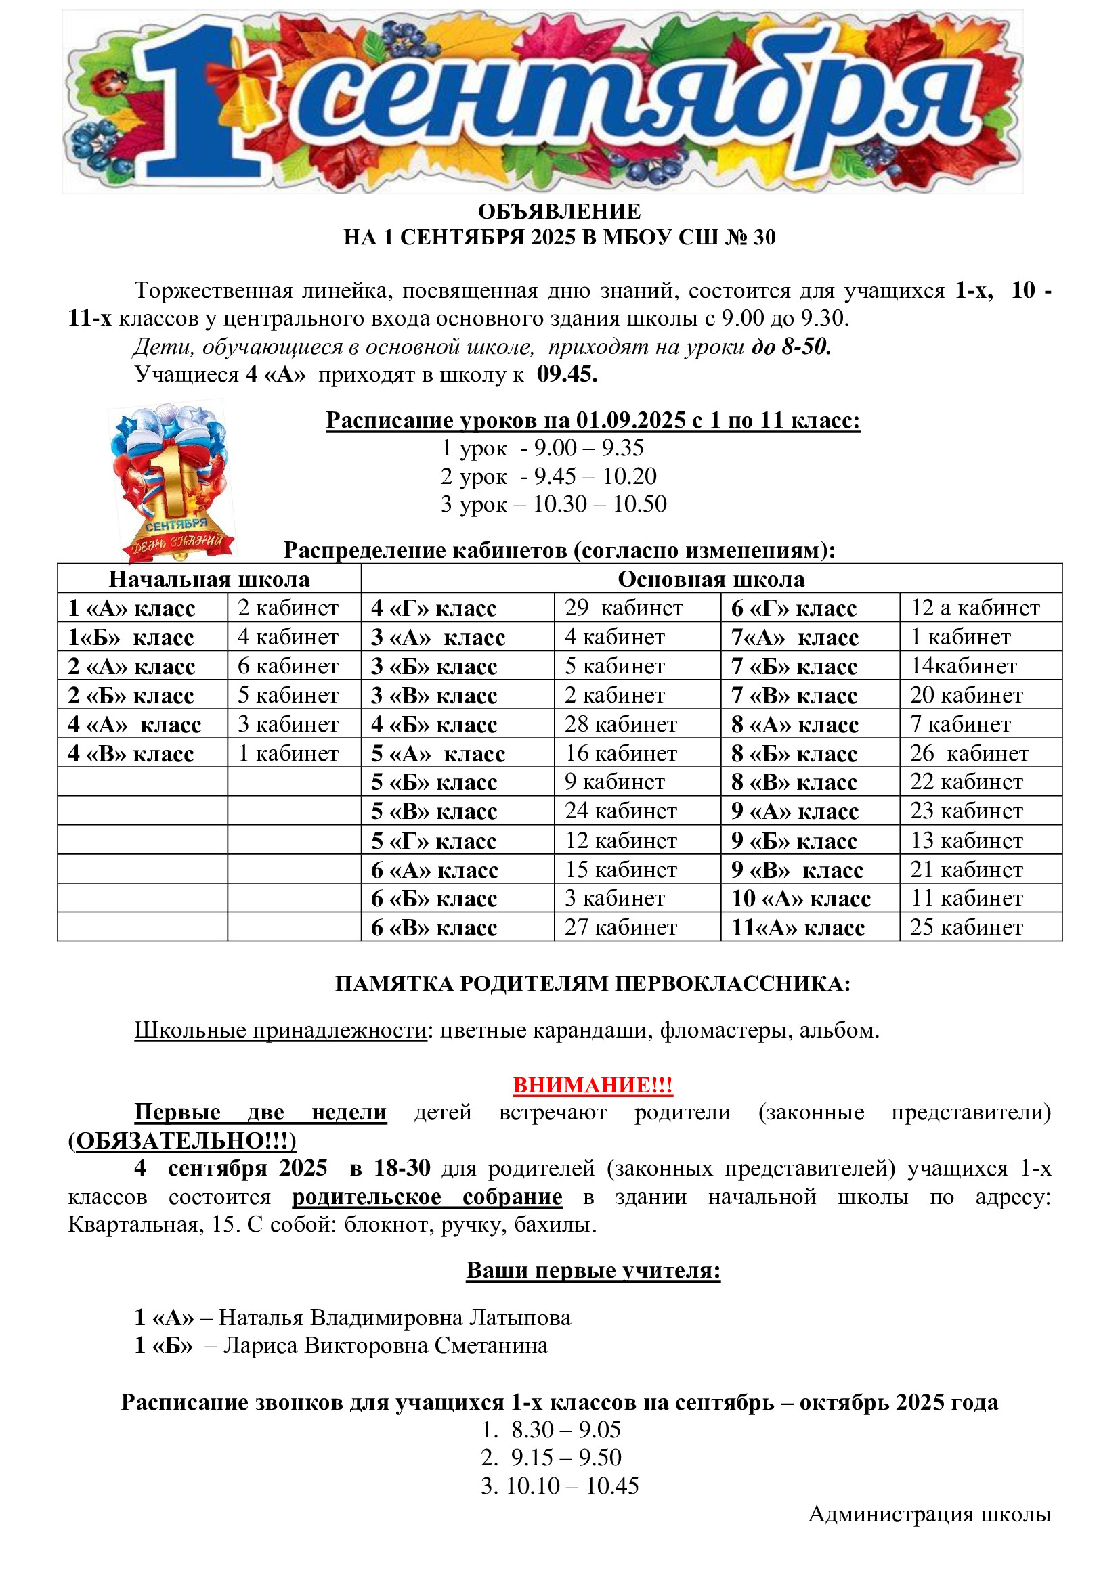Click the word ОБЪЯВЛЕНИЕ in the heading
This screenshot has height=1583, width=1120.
point(559,211)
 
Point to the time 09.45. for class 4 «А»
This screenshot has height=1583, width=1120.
point(567,374)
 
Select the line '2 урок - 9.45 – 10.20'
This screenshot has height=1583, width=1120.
point(548,476)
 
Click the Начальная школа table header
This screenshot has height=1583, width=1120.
point(209,579)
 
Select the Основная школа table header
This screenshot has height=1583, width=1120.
point(710,579)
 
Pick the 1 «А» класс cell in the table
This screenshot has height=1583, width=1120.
point(131,608)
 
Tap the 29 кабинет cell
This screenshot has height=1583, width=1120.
point(624,608)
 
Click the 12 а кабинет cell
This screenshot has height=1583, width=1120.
point(974,608)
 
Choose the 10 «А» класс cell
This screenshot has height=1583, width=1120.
point(800,899)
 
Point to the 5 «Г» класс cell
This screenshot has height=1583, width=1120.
point(434,841)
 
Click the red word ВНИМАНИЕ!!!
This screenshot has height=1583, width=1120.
point(593,1085)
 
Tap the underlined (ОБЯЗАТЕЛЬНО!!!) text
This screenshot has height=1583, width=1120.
point(182,1141)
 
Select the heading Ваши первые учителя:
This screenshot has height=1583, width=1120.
point(593,1270)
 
